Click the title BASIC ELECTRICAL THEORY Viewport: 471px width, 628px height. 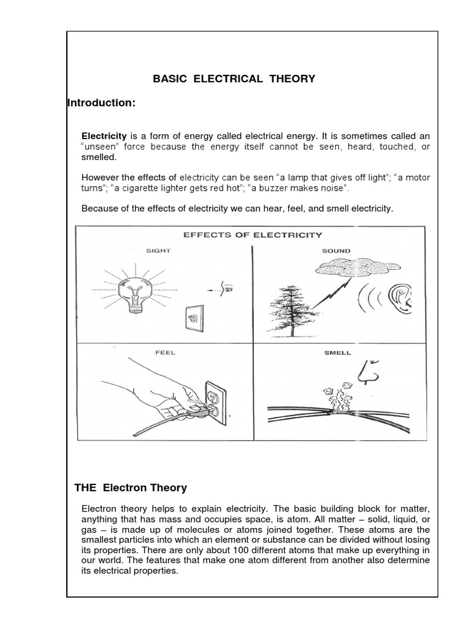(234, 78)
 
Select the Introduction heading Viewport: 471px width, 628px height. (101, 103)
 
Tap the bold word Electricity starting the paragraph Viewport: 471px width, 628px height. (104, 135)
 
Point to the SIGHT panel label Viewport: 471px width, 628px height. (158, 250)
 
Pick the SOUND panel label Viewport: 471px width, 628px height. (336, 250)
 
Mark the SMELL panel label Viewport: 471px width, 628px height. (336, 353)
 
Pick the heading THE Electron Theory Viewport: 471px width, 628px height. (131, 488)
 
